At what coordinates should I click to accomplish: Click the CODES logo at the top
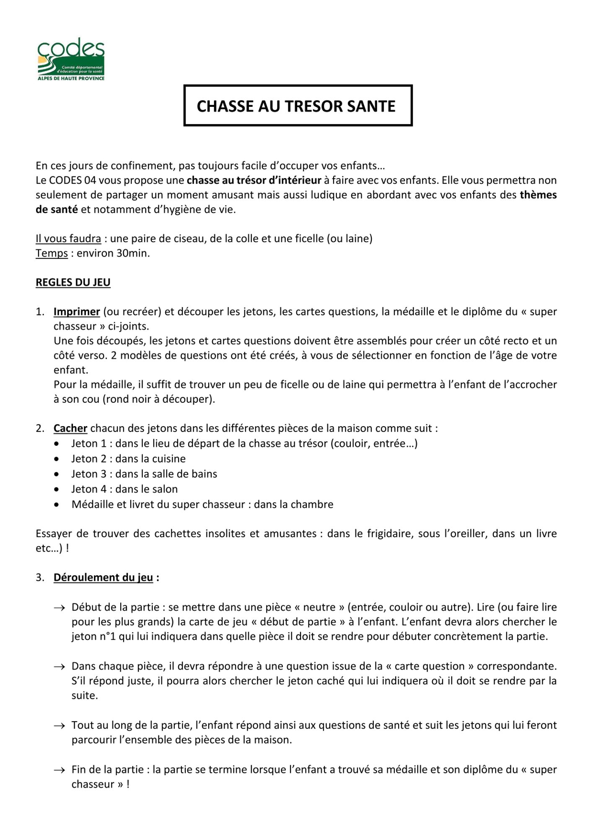coord(71,59)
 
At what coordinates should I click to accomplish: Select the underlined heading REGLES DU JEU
coord(73,282)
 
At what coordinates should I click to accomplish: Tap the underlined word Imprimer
coord(77,312)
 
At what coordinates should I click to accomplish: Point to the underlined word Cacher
coord(70,428)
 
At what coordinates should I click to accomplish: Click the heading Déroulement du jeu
coord(103,577)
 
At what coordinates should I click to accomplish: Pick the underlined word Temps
coord(52,253)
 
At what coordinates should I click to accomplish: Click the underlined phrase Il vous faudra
coord(68,238)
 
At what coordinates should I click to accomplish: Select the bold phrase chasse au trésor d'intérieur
coord(254,180)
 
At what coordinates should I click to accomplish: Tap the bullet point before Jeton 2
coord(57,459)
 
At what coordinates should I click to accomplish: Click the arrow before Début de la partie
coord(59,608)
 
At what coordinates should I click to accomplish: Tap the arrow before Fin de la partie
coord(59,770)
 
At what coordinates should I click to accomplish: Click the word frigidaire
coord(388,533)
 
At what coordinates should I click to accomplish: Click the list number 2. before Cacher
coord(40,428)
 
